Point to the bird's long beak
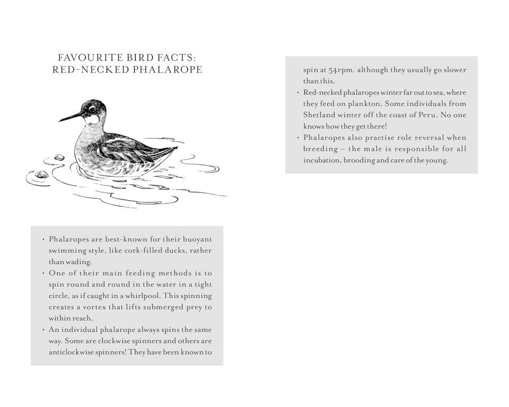tap(69, 116)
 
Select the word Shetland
tap(319, 115)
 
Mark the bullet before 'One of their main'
tap(43, 273)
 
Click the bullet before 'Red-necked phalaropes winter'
tap(297, 93)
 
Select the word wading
tap(80, 262)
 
